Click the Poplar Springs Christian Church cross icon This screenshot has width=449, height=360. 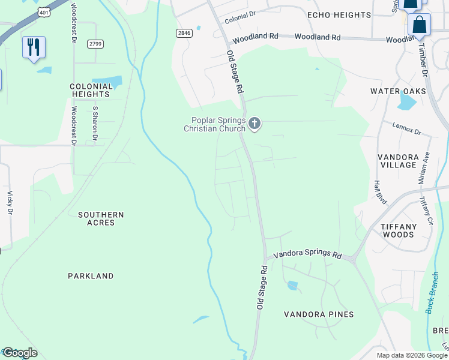(255, 124)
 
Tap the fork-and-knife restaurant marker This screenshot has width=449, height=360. (34, 47)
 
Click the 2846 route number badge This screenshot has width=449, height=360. (184, 33)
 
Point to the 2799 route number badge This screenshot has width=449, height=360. (95, 44)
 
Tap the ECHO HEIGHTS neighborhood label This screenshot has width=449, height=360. (339, 15)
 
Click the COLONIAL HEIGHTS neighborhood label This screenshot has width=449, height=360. (91, 90)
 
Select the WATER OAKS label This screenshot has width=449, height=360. (398, 91)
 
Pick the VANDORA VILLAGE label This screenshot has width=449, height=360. (398, 161)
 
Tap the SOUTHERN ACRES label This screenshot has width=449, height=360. (101, 218)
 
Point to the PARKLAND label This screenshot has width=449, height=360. (91, 276)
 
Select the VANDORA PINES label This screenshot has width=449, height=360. (319, 314)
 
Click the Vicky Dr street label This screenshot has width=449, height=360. (10, 202)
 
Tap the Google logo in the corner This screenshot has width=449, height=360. (19, 353)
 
